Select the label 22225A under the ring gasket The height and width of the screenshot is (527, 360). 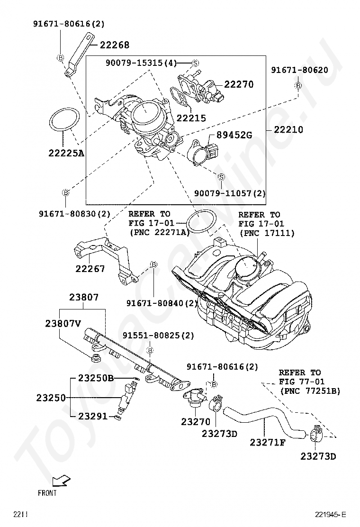[x=66, y=153]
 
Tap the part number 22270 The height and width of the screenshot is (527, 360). [x=239, y=84]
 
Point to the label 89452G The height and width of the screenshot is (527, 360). [x=234, y=135]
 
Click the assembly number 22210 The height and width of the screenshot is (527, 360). [x=288, y=129]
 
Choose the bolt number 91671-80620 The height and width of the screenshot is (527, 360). [x=299, y=70]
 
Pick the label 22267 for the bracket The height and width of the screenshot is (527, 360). [x=90, y=269]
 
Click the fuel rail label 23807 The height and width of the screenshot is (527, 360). [x=84, y=297]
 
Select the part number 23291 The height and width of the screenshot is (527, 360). [x=93, y=416]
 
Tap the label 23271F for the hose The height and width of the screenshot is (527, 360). [x=268, y=442]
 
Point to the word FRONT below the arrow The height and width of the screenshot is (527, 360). [x=47, y=493]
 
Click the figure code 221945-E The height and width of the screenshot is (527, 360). [x=330, y=514]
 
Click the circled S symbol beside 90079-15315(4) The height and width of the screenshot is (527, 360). [x=196, y=63]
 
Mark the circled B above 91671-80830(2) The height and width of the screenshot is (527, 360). [x=66, y=192]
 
